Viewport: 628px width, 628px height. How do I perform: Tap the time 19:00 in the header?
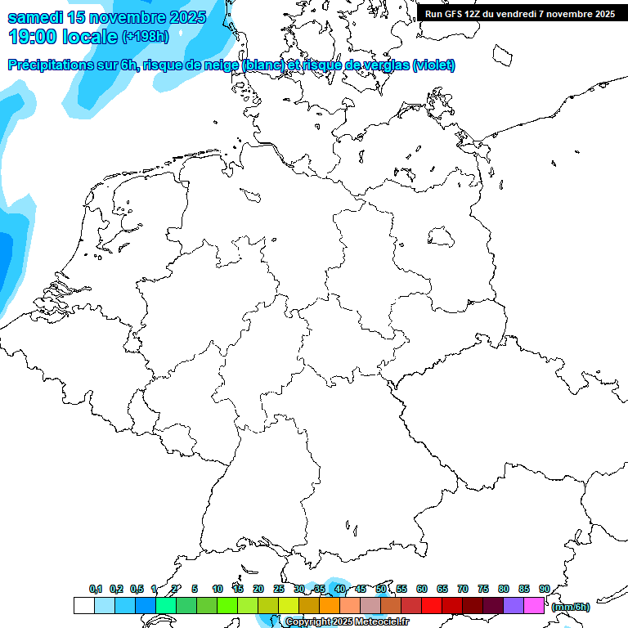(x=32, y=37)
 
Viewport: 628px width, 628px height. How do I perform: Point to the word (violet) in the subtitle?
(x=434, y=65)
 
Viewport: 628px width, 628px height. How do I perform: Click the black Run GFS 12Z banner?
(x=520, y=13)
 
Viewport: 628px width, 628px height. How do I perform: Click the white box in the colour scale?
(x=83, y=606)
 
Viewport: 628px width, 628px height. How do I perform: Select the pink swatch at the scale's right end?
(x=534, y=606)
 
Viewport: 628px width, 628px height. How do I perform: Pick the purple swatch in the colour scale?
(x=514, y=606)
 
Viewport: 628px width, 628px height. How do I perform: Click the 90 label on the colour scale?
(x=544, y=589)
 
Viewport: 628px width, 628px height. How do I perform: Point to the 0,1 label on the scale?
(x=96, y=589)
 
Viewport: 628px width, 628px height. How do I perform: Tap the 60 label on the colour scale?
(x=421, y=589)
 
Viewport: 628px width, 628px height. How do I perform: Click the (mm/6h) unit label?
(x=571, y=607)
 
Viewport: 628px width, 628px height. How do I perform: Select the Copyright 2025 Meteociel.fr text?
(x=347, y=622)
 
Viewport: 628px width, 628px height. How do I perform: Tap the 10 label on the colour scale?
(x=217, y=589)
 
